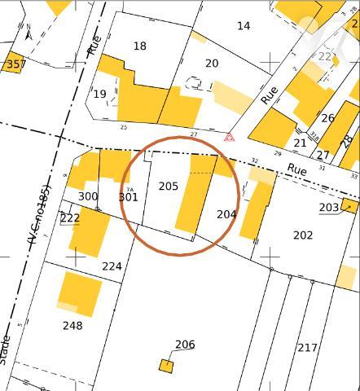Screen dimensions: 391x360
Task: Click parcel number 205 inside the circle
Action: coord(168,187)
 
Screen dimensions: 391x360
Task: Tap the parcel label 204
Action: coord(226,214)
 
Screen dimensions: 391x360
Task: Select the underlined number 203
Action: coord(328,208)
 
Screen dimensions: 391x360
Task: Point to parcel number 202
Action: coord(302,235)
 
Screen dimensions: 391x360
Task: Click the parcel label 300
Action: coord(88,196)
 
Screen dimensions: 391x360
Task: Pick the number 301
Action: coord(128,197)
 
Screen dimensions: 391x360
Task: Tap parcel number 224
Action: coord(112,266)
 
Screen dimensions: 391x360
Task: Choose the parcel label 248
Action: coord(72,326)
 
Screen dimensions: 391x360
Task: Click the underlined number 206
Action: coord(185,345)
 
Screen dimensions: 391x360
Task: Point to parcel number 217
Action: coord(307,348)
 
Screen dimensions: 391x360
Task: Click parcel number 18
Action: coord(140,46)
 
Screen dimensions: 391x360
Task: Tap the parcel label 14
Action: coord(244,26)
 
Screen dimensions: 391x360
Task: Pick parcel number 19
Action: coord(99,94)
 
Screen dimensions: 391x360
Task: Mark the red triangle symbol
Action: coord(230,138)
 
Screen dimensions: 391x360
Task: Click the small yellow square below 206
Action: coord(166,366)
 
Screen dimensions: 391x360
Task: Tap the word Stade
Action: coord(7,349)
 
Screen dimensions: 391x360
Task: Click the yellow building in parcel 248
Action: coord(80,293)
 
